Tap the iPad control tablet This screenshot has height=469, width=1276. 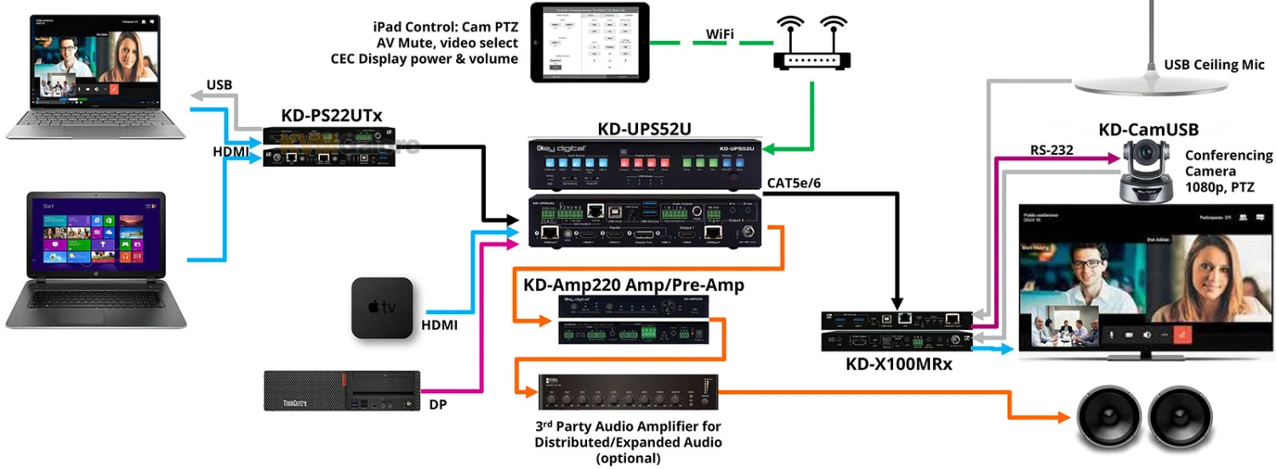pos(590,43)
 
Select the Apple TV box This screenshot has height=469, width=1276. pos(382,308)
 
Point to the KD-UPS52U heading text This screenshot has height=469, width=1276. pos(644,129)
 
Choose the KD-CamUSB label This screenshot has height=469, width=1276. pos(1148,129)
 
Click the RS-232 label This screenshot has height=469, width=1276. pos(1051,150)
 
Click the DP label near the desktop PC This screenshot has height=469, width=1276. pos(438,404)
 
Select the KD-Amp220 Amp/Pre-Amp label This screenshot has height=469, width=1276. pos(634,285)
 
